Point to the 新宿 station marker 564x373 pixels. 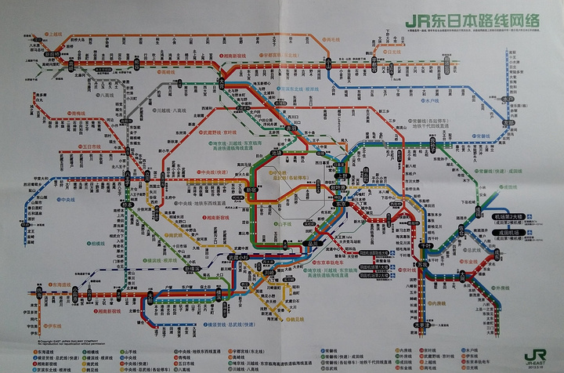click(252, 190)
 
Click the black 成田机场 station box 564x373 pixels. click(506, 233)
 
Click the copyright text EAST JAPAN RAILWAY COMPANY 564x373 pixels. click(71, 342)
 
